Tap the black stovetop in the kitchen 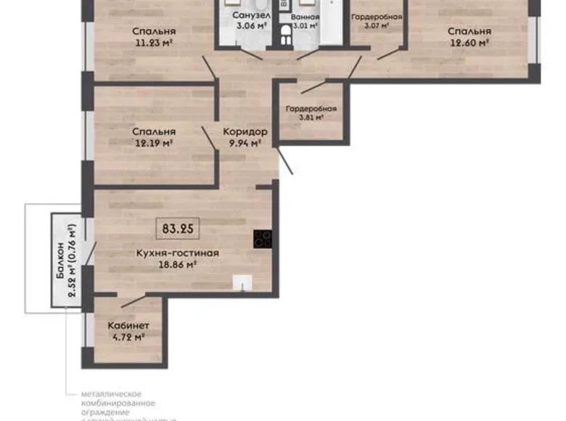[262, 239]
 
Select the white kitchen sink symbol [242, 283]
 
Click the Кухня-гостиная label [177, 253]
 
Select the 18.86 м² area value [177, 266]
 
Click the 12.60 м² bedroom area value [469, 43]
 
